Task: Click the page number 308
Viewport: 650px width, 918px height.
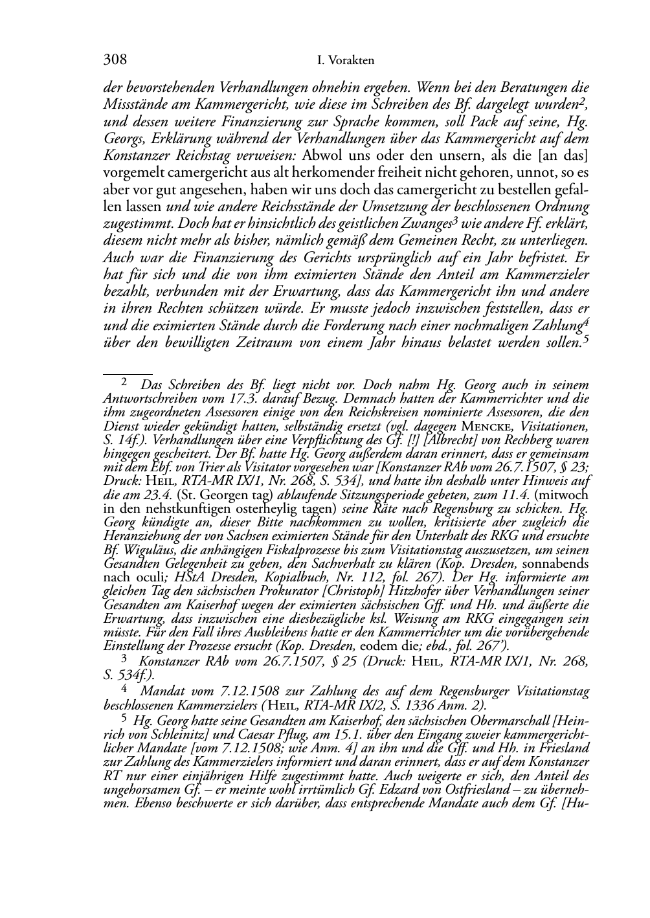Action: click(x=115, y=60)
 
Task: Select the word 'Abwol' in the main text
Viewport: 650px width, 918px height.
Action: click(x=323, y=156)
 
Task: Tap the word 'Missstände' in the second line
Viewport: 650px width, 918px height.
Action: click(x=133, y=105)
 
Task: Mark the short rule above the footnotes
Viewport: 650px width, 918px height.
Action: click(x=128, y=374)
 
